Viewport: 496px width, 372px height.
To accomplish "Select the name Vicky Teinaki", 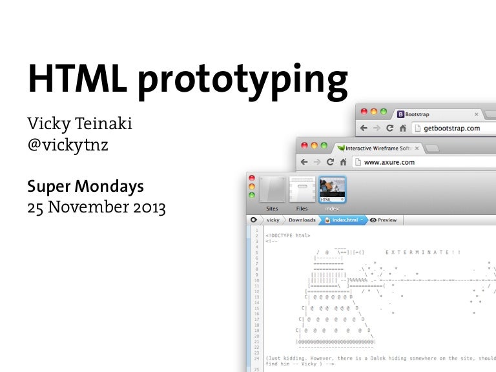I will [79, 123].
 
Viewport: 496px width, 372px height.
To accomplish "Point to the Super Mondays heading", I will [85, 187].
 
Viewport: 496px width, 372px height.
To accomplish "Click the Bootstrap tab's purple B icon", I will [401, 114].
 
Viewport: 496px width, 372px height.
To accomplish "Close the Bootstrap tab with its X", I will [477, 114].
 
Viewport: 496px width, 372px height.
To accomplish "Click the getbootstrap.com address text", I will [451, 128].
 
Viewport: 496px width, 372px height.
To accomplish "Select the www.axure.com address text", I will [389, 163].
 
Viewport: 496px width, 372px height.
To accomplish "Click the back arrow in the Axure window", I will [304, 162].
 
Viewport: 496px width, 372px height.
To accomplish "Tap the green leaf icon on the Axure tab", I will [340, 148].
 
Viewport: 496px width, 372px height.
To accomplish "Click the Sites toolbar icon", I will [273, 192].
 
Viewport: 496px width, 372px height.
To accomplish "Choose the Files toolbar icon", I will [302, 192].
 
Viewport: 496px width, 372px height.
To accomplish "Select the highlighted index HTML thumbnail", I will [332, 192].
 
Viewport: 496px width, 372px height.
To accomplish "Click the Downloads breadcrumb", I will [302, 220].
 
